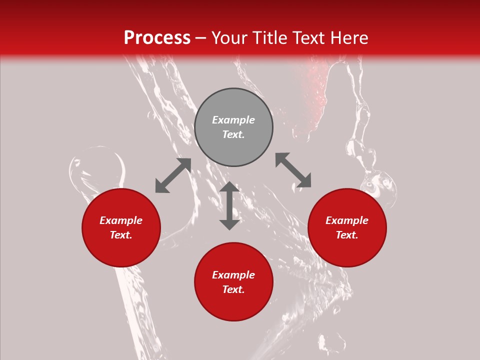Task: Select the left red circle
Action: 121,227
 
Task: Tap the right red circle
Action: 347,227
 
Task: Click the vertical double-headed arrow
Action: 229,205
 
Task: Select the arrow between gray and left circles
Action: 173,175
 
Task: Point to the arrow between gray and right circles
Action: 293,170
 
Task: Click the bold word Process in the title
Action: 157,38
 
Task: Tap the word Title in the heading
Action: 270,38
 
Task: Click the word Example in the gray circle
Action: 233,120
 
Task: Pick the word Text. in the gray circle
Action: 233,134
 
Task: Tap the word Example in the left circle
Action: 121,220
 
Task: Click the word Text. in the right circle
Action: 347,235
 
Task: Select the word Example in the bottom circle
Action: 233,275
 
